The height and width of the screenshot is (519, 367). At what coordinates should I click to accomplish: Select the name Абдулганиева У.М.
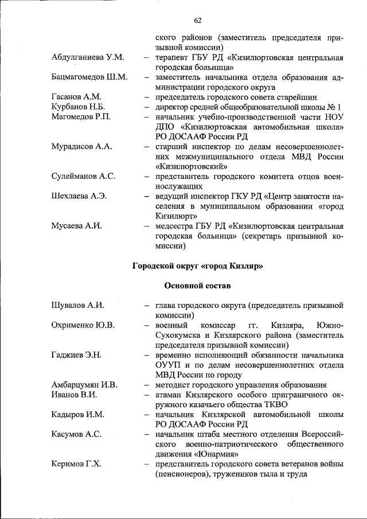click(x=88, y=58)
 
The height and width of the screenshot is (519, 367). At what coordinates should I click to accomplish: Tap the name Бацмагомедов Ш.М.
click(x=89, y=77)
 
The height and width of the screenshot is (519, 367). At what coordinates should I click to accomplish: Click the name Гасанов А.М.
click(x=76, y=96)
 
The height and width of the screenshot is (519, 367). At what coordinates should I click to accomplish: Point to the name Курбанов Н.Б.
click(x=77, y=106)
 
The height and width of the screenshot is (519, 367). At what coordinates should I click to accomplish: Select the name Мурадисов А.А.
click(x=81, y=146)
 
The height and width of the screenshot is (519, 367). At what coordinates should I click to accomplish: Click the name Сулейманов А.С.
click(x=83, y=175)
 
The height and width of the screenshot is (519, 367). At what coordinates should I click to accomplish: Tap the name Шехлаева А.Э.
click(x=79, y=196)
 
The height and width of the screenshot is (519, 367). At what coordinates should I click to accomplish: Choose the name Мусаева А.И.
click(x=76, y=225)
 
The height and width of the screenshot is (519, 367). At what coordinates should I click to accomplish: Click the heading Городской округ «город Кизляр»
click(x=197, y=266)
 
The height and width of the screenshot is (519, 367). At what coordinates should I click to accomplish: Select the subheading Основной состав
click(x=197, y=285)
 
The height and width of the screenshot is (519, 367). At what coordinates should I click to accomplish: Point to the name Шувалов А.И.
click(x=77, y=305)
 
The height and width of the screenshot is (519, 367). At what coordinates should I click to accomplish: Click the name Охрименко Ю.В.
click(x=83, y=325)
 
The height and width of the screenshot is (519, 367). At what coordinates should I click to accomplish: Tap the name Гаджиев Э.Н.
click(x=76, y=355)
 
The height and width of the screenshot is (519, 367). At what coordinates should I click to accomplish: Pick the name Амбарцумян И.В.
click(x=84, y=385)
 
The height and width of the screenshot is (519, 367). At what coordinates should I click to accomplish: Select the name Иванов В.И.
click(x=74, y=395)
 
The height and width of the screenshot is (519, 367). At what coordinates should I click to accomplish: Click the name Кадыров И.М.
click(x=77, y=414)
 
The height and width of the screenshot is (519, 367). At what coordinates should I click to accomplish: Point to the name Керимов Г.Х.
click(x=76, y=464)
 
